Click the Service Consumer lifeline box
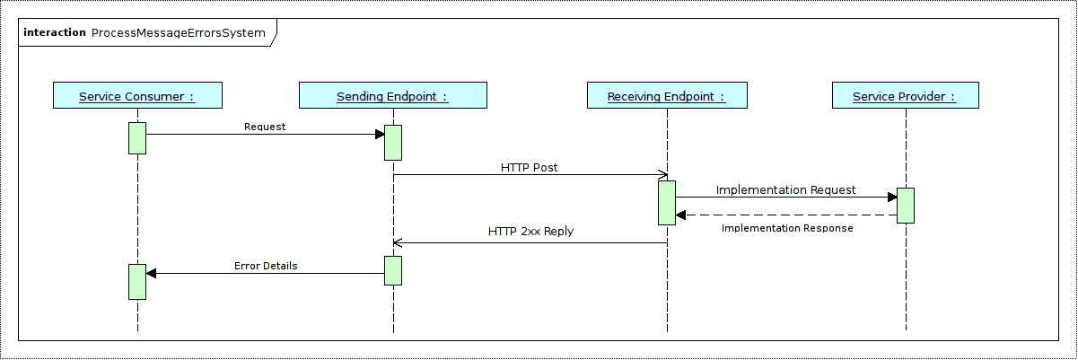[x=137, y=96]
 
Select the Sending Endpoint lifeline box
[x=392, y=96]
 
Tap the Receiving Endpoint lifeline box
[x=666, y=96]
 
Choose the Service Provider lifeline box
[x=905, y=96]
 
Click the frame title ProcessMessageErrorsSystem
[x=179, y=33]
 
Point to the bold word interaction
[x=55, y=33]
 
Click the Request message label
[x=265, y=127]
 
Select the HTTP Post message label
[x=530, y=167]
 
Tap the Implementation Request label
[x=785, y=190]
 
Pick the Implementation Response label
[x=787, y=228]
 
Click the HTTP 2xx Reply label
[x=530, y=231]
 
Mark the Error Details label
[x=266, y=266]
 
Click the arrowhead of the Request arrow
[x=380, y=135]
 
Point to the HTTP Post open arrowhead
[x=663, y=175]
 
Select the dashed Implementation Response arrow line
[x=790, y=215]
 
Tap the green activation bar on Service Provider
[x=905, y=205]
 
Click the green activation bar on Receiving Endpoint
[x=666, y=203]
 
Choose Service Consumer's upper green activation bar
[x=137, y=138]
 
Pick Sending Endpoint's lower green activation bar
[x=393, y=270]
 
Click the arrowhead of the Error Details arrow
[x=151, y=274]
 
